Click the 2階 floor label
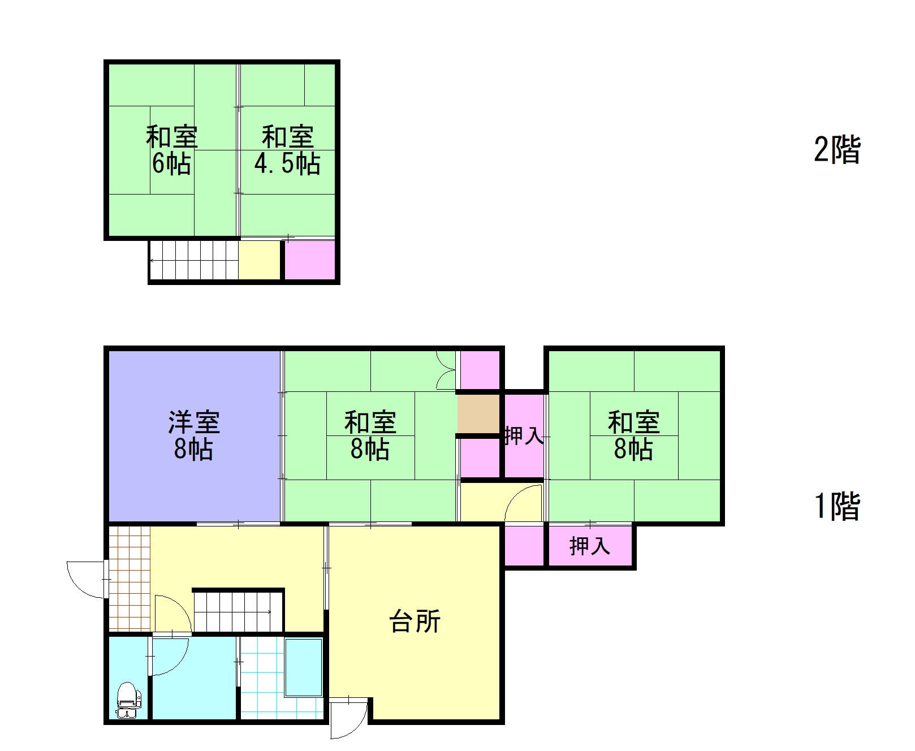tap(837, 150)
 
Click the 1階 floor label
tap(837, 506)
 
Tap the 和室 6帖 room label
tap(171, 150)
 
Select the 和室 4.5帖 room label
tap(287, 150)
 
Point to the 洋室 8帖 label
tap(193, 435)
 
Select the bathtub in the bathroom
tap(304, 667)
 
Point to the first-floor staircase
tap(238, 611)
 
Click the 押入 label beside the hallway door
tap(524, 436)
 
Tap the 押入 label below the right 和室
tap(589, 546)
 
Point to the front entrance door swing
tap(85, 580)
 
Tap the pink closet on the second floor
tap(309, 260)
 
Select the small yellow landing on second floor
tap(260, 260)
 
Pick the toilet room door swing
tap(167, 656)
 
